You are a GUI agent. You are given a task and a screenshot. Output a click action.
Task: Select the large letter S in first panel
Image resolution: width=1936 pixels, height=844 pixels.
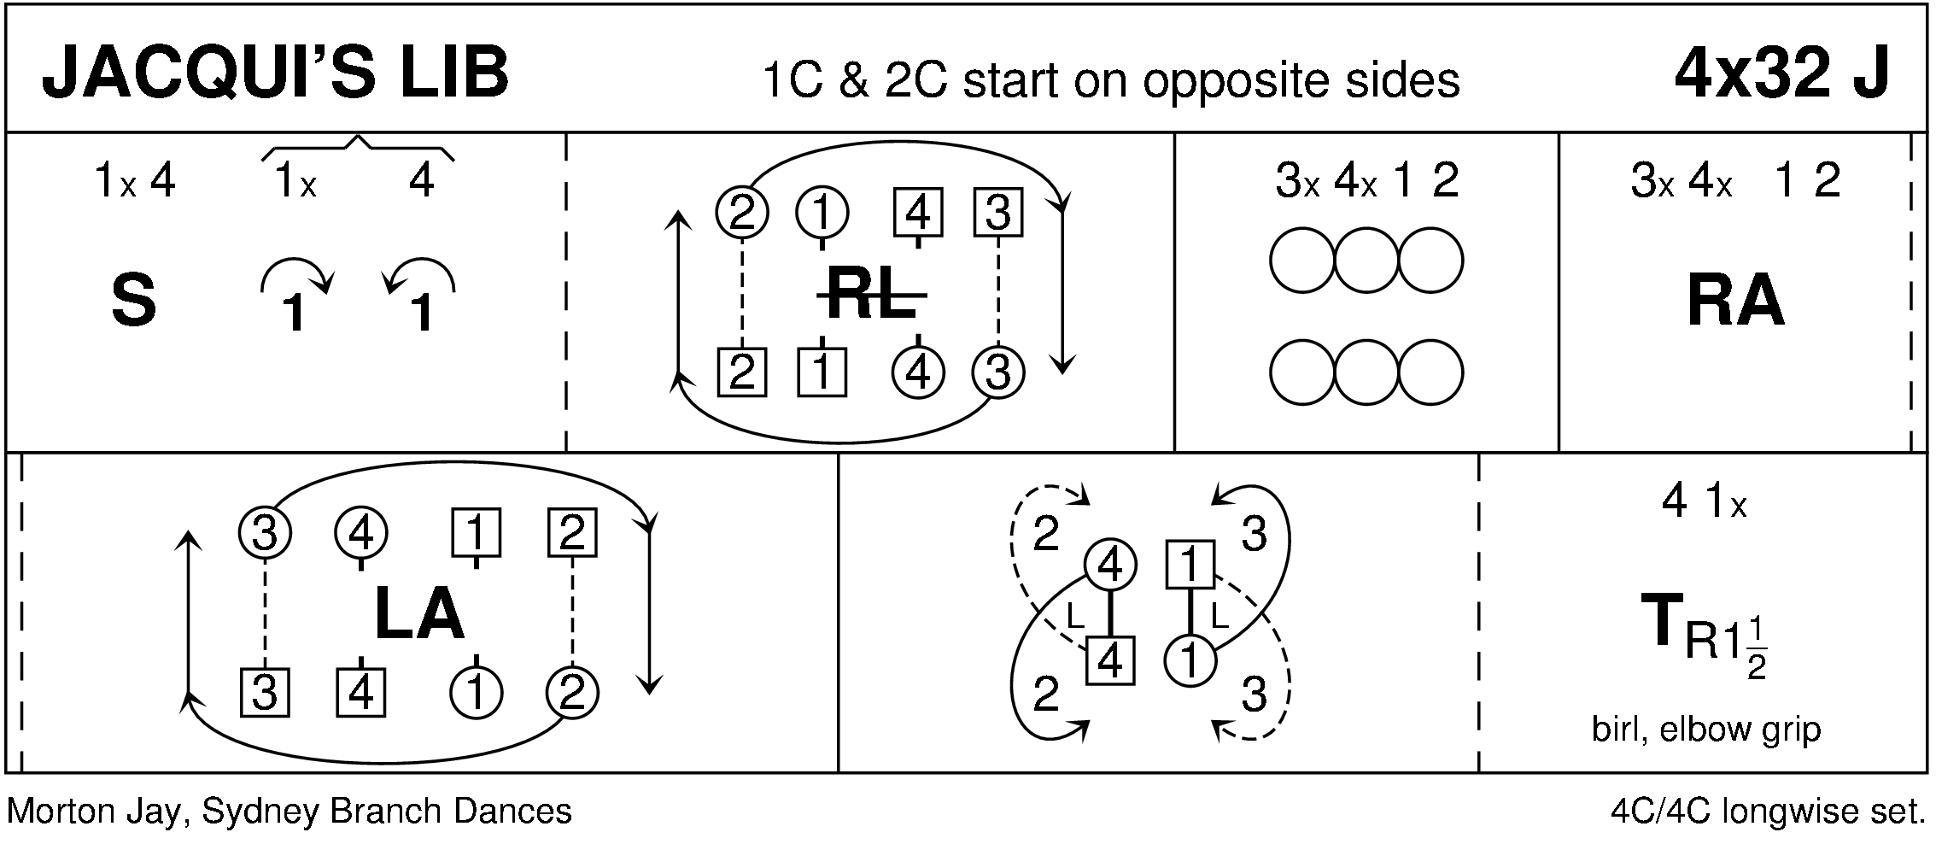click(134, 302)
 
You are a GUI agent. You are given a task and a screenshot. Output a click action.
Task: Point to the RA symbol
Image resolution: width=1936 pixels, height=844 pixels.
click(1735, 302)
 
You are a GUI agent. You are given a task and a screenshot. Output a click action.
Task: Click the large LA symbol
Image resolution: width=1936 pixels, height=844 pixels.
click(418, 616)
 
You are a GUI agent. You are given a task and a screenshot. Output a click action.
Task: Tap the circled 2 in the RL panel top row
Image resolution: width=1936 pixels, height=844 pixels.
click(741, 212)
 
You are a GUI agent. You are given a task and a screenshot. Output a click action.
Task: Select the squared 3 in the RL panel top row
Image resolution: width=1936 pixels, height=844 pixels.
click(997, 212)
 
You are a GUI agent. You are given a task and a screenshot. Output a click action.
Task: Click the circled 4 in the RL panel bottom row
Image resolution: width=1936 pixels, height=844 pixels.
click(917, 372)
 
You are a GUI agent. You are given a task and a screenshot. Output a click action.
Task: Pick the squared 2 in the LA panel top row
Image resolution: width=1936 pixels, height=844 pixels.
click(571, 533)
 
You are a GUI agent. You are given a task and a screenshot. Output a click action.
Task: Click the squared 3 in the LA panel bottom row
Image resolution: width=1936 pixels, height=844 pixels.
click(265, 692)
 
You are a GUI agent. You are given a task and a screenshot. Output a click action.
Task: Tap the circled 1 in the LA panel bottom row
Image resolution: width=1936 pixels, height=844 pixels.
click(476, 692)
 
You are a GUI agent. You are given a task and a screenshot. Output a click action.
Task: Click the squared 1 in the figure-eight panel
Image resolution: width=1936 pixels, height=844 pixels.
click(1190, 565)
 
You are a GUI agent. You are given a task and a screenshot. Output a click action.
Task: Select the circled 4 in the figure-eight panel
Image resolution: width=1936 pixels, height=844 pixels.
click(1109, 565)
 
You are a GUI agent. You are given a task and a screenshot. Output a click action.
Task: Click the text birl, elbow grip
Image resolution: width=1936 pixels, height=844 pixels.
click(1705, 730)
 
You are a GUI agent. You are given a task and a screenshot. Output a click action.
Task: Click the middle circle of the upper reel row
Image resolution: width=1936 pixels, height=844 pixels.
click(1366, 261)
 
